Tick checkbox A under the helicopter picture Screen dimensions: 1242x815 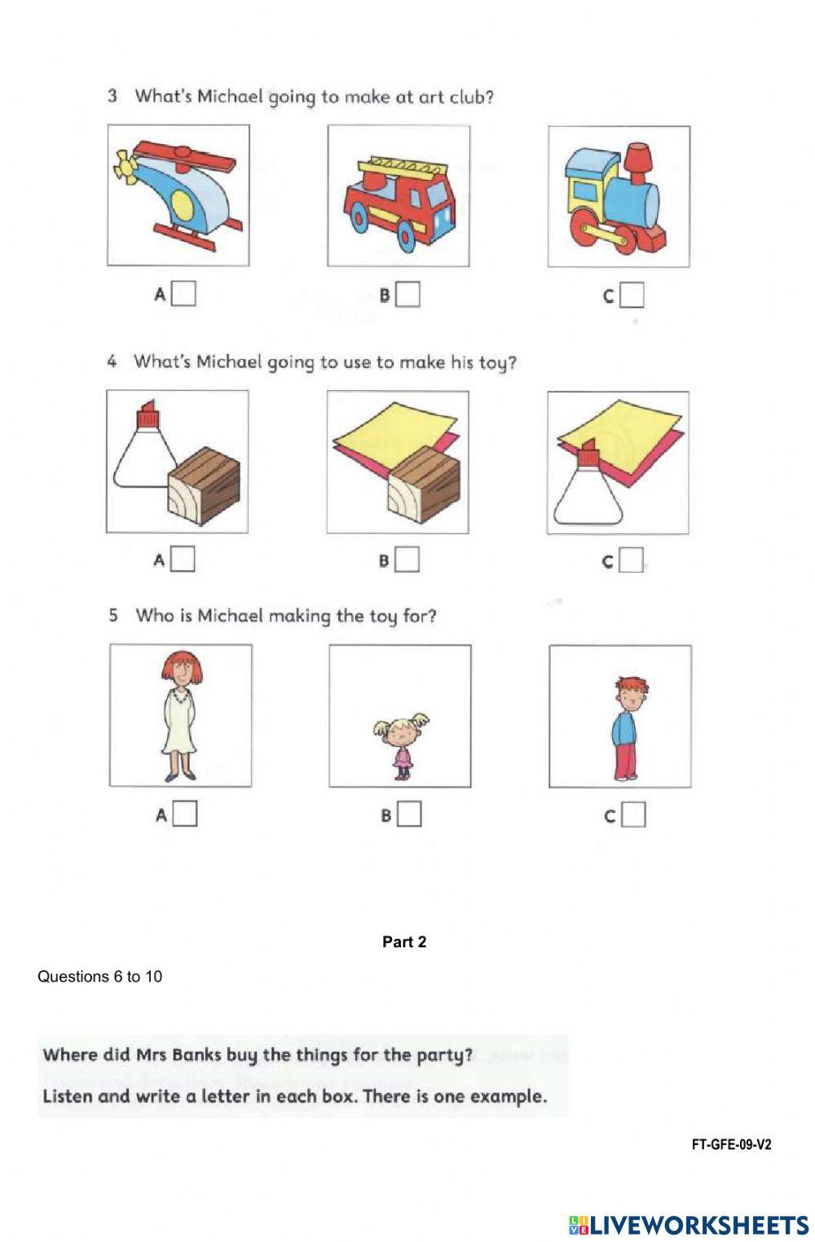(184, 294)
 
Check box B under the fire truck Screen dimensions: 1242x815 (407, 295)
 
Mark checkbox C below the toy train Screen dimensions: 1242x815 (632, 296)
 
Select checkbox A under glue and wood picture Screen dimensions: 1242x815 (183, 560)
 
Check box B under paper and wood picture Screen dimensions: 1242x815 (407, 560)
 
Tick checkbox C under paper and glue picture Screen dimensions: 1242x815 (631, 560)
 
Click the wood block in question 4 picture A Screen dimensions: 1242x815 (204, 490)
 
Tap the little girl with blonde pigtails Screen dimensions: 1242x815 (401, 745)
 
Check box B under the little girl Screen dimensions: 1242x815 (409, 814)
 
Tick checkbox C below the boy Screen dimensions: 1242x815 (633, 815)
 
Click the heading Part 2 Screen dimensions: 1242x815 (404, 942)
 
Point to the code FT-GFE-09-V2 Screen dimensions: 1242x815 (731, 1144)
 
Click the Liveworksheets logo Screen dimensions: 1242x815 (689, 1224)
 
